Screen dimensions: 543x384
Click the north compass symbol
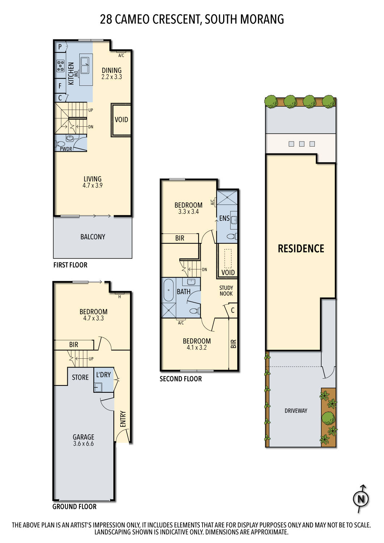point(361,499)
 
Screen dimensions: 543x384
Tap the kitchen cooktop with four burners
point(60,66)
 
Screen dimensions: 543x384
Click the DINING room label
point(112,70)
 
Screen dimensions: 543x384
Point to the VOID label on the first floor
point(121,119)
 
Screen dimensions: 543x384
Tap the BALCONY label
point(93,237)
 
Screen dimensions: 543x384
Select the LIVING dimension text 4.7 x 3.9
point(92,185)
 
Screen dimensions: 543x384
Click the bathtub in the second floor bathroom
point(168,290)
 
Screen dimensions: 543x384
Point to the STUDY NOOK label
point(226,291)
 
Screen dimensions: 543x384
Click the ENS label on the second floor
point(224,218)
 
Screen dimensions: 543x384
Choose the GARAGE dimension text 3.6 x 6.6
point(83,443)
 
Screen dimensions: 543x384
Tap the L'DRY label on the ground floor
point(103,375)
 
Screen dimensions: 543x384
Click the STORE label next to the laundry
point(80,377)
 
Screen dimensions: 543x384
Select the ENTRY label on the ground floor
point(123,419)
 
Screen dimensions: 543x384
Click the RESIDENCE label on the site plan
point(301,248)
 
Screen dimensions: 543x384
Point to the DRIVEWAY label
point(296,411)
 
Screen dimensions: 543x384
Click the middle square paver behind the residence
point(302,144)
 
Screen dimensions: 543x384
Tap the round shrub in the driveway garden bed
point(328,418)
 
